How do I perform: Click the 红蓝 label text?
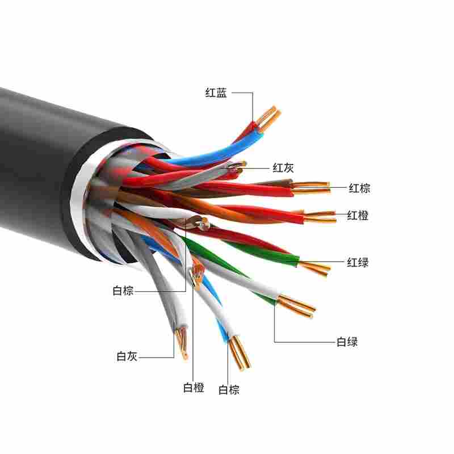[216, 93]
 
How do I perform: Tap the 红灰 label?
[284, 167]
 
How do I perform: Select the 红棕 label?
[359, 188]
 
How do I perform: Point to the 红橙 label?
[358, 216]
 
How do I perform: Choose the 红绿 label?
[358, 262]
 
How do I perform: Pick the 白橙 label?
[194, 388]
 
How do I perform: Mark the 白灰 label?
[127, 356]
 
